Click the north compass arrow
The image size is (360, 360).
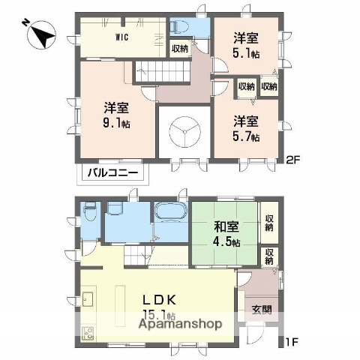coord(42,34)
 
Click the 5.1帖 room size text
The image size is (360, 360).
coord(246,54)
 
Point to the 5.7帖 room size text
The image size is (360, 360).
coord(246,137)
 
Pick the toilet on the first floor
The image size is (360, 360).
coord(90,213)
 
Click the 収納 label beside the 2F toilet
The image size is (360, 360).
coord(180,49)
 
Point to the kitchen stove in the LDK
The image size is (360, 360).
coord(86,331)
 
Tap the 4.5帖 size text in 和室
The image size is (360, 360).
coord(226,242)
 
